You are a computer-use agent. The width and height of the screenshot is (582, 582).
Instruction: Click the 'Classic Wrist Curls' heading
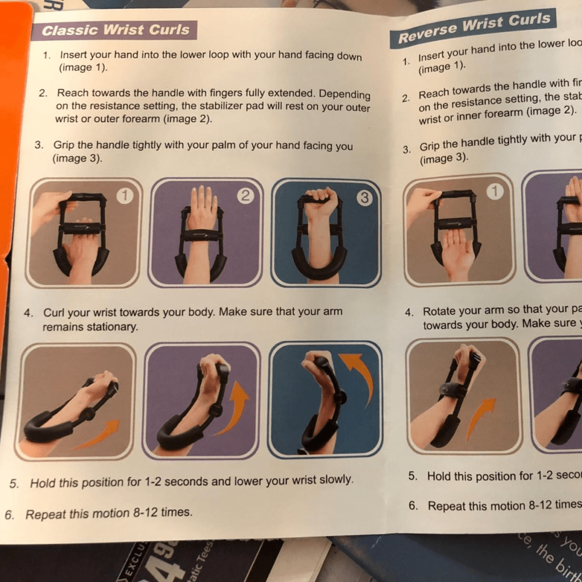point(115,30)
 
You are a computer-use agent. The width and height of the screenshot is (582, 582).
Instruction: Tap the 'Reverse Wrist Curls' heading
point(473,28)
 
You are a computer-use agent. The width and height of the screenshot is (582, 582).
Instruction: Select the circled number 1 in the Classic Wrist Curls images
point(124,196)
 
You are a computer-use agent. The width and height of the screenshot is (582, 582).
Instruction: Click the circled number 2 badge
point(245,196)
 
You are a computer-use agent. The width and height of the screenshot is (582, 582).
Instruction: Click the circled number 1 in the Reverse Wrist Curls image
point(496,192)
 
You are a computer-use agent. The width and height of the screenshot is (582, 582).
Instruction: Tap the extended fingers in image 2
point(203,199)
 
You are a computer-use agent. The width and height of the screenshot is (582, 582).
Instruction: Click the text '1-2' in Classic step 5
point(153,482)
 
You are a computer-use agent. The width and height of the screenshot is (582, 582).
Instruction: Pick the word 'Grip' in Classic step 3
point(64,145)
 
